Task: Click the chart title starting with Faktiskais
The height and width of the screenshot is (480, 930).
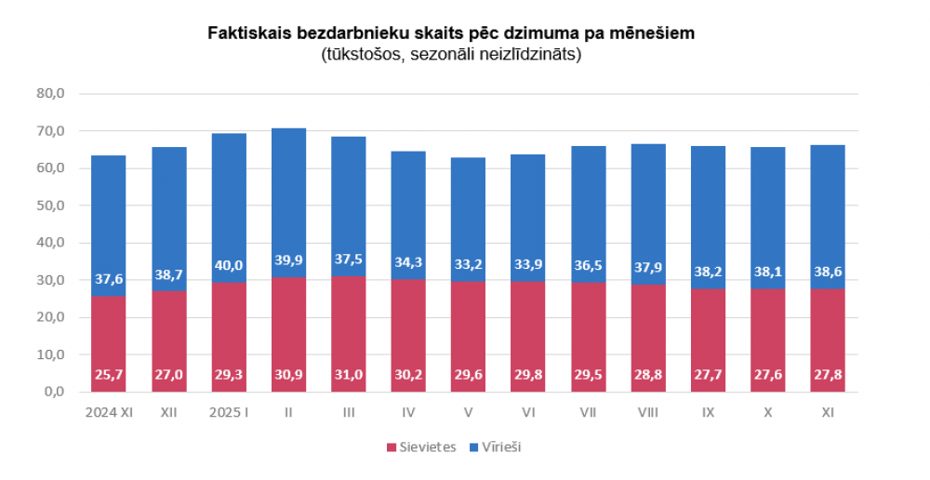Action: (451, 33)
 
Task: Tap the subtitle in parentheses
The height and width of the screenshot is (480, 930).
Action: (451, 54)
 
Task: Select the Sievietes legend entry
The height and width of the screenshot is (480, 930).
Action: (421, 447)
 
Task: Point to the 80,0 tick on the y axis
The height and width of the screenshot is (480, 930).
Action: (49, 94)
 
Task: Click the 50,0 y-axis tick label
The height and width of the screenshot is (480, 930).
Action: (49, 206)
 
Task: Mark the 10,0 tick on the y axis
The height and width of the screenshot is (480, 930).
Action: (49, 354)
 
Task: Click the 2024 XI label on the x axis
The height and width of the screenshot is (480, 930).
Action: (109, 410)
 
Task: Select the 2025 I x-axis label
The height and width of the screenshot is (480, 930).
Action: (229, 410)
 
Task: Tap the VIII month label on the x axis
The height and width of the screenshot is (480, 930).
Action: (648, 410)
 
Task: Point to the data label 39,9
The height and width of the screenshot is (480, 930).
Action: (288, 260)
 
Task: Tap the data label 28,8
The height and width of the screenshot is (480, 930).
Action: (648, 375)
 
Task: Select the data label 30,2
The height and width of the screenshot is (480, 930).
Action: (408, 375)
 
